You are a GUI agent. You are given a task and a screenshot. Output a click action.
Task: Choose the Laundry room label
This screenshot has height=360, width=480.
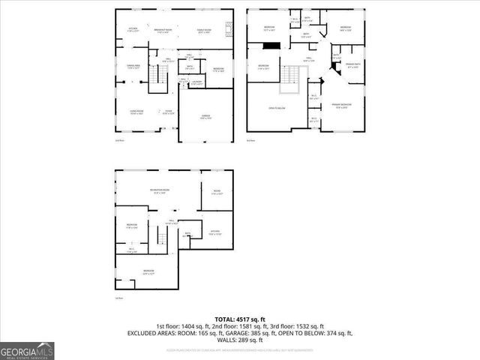click(196, 83)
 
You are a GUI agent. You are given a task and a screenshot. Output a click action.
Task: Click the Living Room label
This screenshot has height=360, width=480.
click(136, 112)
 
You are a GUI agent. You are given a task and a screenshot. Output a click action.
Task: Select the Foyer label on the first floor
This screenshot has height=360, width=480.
click(169, 112)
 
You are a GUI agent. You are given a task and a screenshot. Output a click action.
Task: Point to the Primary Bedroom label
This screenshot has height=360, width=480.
click(341, 106)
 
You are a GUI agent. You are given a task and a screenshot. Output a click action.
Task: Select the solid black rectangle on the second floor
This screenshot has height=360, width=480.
click(271, 46)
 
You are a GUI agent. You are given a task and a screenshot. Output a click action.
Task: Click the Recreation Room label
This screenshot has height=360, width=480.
click(159, 192)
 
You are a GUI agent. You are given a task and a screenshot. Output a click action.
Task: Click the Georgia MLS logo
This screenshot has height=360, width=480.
click(27, 351)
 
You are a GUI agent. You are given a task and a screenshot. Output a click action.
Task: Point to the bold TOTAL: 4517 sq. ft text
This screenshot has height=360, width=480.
click(239, 319)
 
